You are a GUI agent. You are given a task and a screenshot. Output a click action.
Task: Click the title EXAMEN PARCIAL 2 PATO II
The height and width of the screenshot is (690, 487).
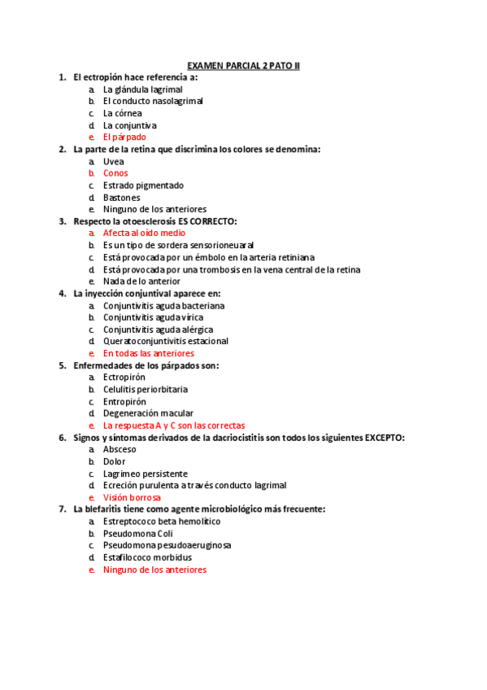243,65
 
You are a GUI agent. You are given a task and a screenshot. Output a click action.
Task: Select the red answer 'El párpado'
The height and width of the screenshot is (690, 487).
124,138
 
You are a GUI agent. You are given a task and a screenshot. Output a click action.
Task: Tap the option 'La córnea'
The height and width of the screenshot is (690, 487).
122,113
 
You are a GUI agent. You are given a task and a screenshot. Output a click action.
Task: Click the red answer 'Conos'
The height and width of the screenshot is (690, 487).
115,173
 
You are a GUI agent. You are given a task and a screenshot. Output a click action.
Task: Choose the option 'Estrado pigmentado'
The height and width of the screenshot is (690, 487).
143,186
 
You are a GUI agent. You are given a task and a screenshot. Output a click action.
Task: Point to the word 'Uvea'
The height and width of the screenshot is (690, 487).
113,161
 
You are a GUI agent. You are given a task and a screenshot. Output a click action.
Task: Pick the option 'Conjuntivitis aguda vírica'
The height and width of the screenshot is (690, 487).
153,317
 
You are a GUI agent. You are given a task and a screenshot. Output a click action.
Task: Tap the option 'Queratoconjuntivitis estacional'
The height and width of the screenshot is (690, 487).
166,342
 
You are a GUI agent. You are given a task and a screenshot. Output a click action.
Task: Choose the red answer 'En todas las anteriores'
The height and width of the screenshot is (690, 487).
149,354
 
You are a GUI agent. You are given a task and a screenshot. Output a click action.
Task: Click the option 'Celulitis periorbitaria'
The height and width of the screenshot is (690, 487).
145,390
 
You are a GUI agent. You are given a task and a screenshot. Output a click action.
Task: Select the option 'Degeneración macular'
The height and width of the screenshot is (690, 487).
148,413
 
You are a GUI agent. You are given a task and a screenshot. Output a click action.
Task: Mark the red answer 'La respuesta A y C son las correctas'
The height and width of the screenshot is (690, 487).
174,426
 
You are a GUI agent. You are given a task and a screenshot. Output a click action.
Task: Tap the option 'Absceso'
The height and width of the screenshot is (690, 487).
120,449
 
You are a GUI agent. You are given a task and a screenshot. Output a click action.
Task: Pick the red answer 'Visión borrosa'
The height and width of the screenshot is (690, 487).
132,497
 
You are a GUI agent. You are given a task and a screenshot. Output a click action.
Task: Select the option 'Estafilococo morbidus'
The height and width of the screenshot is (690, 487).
147,557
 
